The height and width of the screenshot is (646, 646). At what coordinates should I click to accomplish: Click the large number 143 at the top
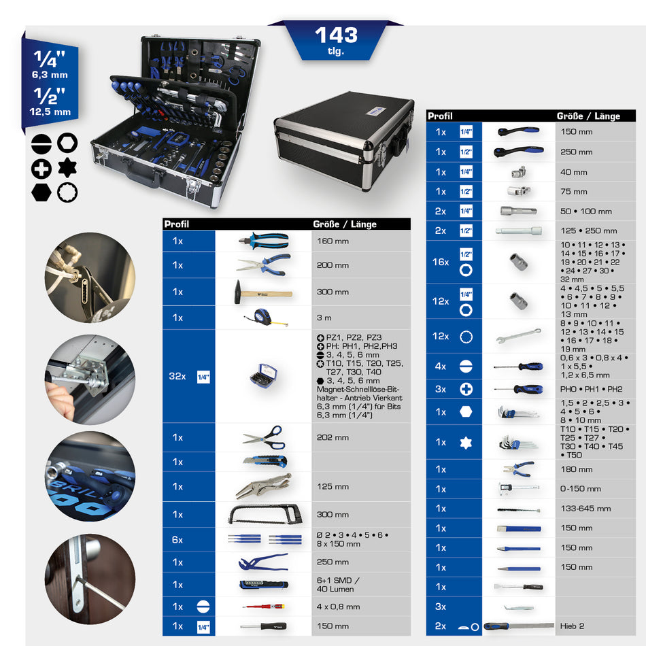coord(336,35)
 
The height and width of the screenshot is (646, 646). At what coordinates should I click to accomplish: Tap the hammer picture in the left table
coord(263,292)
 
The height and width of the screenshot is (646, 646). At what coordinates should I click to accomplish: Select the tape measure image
coord(262,318)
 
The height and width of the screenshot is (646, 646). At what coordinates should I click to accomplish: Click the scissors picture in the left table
coord(263,437)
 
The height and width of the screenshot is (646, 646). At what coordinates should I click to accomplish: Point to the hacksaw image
coord(263,515)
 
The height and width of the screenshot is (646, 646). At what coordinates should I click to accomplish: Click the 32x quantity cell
coord(177,376)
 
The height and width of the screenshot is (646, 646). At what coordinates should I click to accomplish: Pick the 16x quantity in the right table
coord(441,262)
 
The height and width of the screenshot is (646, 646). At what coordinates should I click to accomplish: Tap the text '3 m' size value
coord(324,318)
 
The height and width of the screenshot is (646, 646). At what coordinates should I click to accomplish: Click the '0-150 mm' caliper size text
coord(580,488)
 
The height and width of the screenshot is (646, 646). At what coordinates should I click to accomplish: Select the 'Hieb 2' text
coord(572,626)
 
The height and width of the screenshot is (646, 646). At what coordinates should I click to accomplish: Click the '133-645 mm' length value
coord(585,508)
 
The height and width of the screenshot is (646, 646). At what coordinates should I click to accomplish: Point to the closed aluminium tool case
coord(345,131)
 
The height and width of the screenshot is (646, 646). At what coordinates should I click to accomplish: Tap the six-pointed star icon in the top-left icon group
coord(67,167)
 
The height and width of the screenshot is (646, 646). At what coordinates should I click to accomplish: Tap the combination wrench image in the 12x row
coord(518,336)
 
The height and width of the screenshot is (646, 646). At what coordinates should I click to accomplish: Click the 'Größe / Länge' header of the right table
coord(588,116)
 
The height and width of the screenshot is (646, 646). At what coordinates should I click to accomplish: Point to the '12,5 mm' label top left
coord(51,112)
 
